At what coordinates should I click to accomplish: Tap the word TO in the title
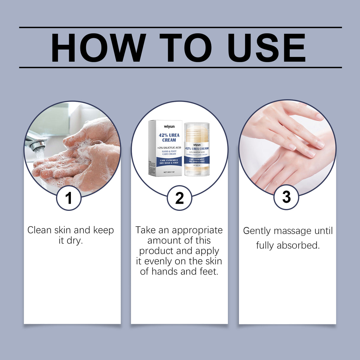[186, 48]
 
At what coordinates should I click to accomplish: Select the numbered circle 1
[69, 198]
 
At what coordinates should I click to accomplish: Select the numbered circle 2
[179, 198]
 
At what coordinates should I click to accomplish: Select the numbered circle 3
[286, 197]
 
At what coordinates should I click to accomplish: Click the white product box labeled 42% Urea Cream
[165, 148]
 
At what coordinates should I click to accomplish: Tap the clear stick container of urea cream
[197, 149]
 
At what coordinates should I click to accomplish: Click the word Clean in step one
[39, 230]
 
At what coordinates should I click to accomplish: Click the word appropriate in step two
[197, 230]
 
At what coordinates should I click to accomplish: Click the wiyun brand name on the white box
[169, 127]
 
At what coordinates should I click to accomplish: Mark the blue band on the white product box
[169, 162]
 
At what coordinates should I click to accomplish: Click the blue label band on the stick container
[197, 160]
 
